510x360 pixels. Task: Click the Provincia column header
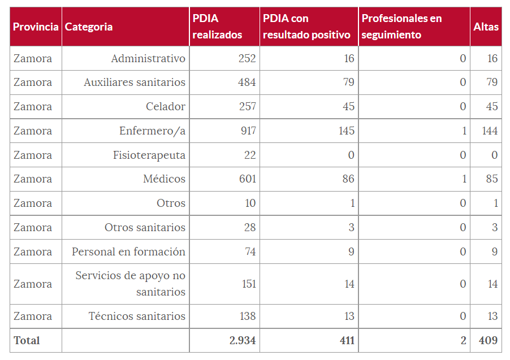(36, 27)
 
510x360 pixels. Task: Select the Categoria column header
(89, 27)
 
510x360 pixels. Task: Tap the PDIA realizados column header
(218, 27)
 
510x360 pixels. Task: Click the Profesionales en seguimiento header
(402, 27)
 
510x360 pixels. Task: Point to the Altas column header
(486, 27)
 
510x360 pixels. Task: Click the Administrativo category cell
(148, 58)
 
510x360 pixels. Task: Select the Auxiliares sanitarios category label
(135, 83)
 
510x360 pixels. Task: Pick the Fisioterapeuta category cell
(149, 155)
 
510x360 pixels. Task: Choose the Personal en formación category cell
(128, 252)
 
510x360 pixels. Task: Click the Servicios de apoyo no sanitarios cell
(131, 284)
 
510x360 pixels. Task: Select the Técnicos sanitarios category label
(137, 316)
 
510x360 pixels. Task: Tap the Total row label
(27, 340)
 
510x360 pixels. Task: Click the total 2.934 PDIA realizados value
(241, 340)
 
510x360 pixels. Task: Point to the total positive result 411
(347, 340)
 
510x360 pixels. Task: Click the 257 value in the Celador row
(247, 107)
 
